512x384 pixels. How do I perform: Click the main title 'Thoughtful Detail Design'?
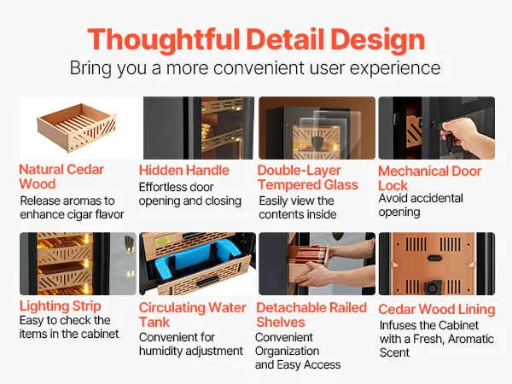pos(256,40)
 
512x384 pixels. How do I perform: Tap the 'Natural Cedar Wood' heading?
pos(61,177)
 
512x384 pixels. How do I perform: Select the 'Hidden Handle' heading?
pos(183,170)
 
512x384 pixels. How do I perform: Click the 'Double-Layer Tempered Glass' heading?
pos(307,177)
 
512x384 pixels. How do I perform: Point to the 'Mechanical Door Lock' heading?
pos(430,178)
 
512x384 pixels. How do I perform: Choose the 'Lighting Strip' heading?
pos(60,306)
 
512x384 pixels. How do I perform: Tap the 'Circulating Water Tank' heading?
pos(192,315)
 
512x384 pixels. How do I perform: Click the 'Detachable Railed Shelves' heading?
pos(311,315)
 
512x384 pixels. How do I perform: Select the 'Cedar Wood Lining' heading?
pos(437,309)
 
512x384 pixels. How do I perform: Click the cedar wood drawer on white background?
pos(77,128)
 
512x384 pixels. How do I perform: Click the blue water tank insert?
pos(198,260)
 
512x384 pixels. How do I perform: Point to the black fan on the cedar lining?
pos(433,287)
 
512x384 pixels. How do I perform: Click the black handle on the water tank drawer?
pos(207,281)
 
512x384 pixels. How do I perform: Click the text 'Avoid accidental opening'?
pos(421,205)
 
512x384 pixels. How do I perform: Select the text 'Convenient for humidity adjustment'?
pos(190,344)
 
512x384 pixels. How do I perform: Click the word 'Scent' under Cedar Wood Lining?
pos(394,352)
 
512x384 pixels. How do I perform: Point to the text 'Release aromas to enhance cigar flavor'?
pos(72,207)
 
